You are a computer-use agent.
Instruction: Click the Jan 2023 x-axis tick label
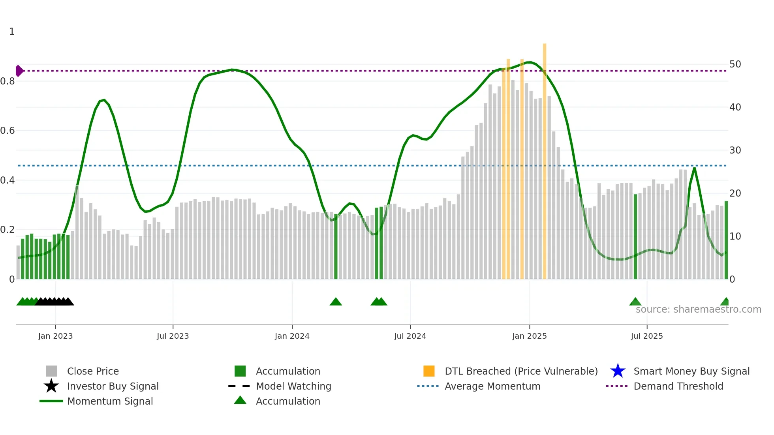click(55, 336)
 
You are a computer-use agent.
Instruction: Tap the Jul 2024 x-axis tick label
click(410, 336)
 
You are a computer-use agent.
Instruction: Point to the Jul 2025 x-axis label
click(646, 336)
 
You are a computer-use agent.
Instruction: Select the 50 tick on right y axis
click(735, 64)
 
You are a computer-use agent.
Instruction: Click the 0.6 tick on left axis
click(8, 131)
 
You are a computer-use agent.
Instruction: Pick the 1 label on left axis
click(12, 32)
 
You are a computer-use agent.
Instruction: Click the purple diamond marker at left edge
click(19, 71)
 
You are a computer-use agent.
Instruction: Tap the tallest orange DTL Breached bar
click(545, 158)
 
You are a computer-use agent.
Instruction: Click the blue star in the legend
click(618, 371)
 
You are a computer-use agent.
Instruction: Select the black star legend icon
click(51, 386)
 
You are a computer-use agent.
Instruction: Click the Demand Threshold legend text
click(678, 386)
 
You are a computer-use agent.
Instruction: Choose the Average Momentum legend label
click(492, 386)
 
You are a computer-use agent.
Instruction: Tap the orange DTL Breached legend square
click(429, 371)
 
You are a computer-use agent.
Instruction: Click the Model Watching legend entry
click(293, 386)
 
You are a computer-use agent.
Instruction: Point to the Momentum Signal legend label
click(110, 401)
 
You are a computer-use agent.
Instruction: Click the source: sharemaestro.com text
click(698, 309)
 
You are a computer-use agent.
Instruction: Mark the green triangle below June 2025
click(635, 302)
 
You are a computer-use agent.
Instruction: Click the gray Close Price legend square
click(51, 371)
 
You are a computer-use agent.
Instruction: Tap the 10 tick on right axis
click(735, 236)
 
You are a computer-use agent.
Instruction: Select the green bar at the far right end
click(726, 241)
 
